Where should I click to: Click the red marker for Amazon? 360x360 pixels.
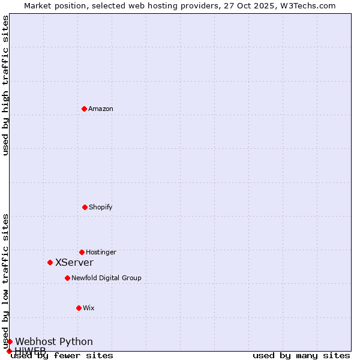point(84,109)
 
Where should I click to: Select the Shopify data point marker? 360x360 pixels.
point(85,207)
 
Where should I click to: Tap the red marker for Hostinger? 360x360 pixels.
point(82,252)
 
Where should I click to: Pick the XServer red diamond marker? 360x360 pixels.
point(50,262)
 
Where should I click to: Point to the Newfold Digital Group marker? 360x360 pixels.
point(67,278)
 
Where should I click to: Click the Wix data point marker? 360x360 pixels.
point(79,308)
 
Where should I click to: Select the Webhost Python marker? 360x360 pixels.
point(10,341)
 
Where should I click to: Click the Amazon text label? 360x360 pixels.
point(101,109)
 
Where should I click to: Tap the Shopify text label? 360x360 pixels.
point(101,207)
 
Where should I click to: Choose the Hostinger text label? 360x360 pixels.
point(101,252)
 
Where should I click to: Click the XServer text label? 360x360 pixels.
point(74,262)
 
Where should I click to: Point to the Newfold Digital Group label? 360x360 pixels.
point(106,278)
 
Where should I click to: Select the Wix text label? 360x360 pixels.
point(89,308)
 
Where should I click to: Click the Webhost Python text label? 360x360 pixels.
point(54,341)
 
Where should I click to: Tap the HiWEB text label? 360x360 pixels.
point(30,350)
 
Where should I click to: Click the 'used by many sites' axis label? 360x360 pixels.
point(301,356)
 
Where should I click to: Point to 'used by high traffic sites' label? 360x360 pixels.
point(6,85)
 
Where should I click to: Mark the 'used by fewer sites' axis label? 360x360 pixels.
point(62,356)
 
